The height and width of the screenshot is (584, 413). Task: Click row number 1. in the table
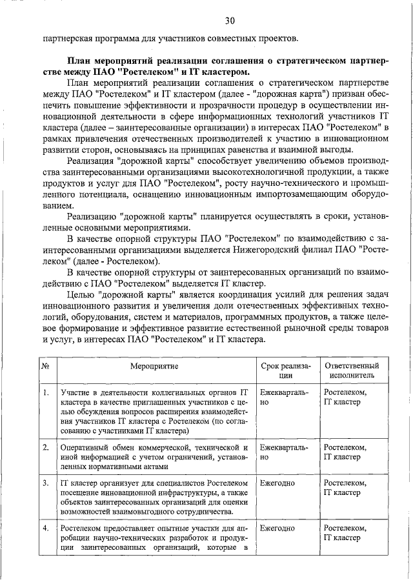pyautogui.click(x=46, y=392)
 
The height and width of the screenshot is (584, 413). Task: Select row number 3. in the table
pyautogui.click(x=46, y=483)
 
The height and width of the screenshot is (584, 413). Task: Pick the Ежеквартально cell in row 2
pyautogui.click(x=283, y=452)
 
